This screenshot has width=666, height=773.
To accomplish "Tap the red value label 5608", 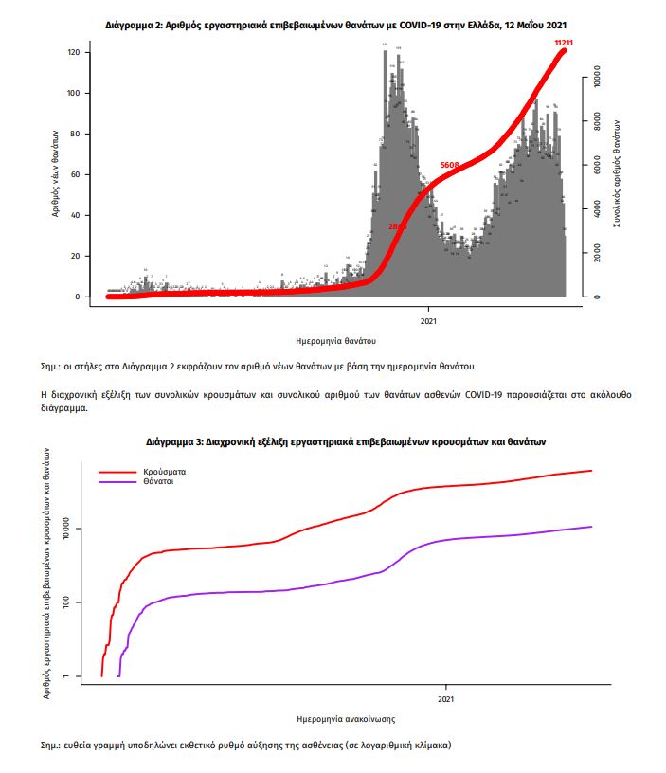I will coord(450,166).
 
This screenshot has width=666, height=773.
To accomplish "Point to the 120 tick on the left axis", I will coord(73,52).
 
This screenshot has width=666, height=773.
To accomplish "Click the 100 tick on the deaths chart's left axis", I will coord(73,93).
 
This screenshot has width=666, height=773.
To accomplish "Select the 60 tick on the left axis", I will coord(73,174).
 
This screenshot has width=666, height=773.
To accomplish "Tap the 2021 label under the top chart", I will coord(427,319).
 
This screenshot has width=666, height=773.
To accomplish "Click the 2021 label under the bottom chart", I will coord(445,699).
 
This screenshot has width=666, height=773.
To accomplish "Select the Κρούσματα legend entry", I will coord(165,471).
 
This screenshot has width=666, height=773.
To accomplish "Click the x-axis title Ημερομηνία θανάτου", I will coord(336,339).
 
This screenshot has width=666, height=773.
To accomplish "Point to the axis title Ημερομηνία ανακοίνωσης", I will coord(345,718).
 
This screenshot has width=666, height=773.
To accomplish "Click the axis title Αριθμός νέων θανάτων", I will coord(55,174).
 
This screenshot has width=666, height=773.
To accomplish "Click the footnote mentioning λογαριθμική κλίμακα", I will coord(248,745).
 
